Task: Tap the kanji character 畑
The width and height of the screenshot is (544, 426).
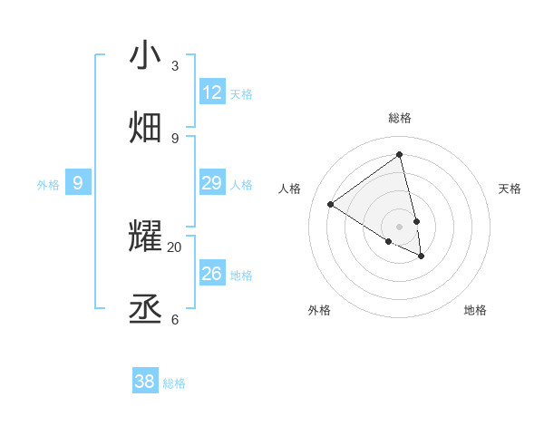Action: tap(146, 127)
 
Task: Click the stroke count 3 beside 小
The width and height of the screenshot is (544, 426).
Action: tap(175, 66)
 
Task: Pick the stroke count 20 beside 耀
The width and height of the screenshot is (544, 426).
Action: tap(174, 247)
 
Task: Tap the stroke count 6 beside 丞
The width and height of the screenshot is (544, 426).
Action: tap(175, 319)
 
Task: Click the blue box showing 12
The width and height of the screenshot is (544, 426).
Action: tap(212, 92)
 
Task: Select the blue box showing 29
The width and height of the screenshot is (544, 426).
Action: tap(212, 183)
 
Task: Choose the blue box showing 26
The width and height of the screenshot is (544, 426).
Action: tap(212, 274)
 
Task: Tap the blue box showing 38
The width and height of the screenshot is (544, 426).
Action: tap(145, 382)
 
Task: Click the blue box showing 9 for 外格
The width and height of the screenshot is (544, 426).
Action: tap(78, 183)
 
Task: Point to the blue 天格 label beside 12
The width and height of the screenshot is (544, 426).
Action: tap(241, 94)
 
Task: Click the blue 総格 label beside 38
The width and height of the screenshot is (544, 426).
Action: tap(174, 383)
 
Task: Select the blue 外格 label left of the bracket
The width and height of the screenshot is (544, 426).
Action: tap(48, 185)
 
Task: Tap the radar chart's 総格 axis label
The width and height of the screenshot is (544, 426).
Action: tap(400, 118)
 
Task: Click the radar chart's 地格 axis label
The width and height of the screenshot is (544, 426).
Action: tap(475, 310)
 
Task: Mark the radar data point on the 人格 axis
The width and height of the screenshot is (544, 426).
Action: tap(330, 205)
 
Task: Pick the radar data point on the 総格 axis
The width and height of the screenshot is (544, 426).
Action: tap(400, 154)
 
